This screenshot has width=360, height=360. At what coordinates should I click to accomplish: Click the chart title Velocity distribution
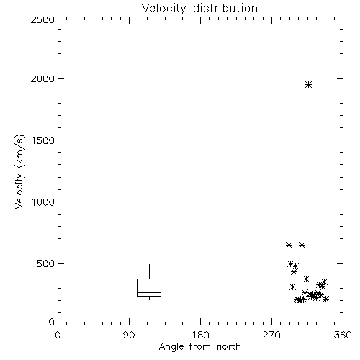point(199,9)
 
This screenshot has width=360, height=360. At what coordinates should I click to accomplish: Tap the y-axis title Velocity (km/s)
point(19,171)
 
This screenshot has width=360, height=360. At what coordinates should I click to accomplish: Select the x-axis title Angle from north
point(199,347)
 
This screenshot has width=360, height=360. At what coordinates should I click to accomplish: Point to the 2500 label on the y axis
point(42,19)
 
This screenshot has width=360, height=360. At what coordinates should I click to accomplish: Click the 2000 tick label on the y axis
point(42,78)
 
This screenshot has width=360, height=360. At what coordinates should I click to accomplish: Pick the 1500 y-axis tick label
point(43,140)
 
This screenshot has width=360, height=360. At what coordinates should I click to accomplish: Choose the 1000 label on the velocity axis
point(43,202)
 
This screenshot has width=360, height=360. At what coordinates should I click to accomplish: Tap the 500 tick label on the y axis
point(46,264)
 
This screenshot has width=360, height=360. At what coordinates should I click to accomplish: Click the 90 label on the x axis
point(129,335)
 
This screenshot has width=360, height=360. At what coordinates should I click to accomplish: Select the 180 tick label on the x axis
point(200,335)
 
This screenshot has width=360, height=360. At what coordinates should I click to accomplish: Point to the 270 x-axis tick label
point(271,335)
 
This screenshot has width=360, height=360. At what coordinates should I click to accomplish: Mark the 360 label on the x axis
point(343,335)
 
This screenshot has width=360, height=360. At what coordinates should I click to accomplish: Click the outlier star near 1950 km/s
point(308,84)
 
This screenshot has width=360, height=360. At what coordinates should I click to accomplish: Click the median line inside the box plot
point(149,292)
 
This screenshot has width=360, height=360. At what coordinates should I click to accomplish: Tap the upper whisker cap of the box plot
point(149,264)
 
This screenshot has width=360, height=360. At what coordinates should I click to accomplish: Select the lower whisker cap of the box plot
point(149,300)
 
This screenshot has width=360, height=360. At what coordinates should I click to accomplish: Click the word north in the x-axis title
point(229,346)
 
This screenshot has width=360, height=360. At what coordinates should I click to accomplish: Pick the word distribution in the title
point(225,9)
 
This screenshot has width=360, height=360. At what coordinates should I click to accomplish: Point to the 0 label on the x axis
point(58,335)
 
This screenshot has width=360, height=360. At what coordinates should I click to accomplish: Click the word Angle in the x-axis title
point(171,347)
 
